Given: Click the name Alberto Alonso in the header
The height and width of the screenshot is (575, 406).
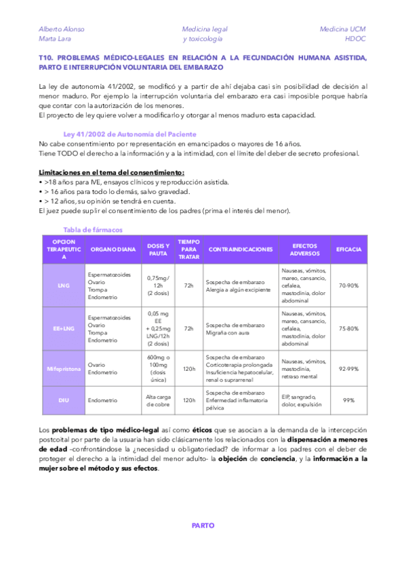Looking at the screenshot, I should (62, 29).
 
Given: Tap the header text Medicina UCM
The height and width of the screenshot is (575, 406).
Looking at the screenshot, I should (342, 29).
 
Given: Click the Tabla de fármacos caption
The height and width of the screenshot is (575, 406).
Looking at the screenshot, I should (93, 229).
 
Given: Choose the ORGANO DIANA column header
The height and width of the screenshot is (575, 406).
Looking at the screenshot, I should (113, 250).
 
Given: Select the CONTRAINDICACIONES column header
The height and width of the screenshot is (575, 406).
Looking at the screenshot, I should (240, 250).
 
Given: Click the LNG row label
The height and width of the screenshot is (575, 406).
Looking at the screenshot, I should (64, 285).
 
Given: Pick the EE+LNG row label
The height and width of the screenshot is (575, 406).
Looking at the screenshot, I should (64, 328).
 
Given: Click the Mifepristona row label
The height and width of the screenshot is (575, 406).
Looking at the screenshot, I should (64, 369).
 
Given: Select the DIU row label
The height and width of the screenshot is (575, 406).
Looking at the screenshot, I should (64, 400).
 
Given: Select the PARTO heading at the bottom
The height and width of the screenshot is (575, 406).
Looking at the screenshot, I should (203, 525).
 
